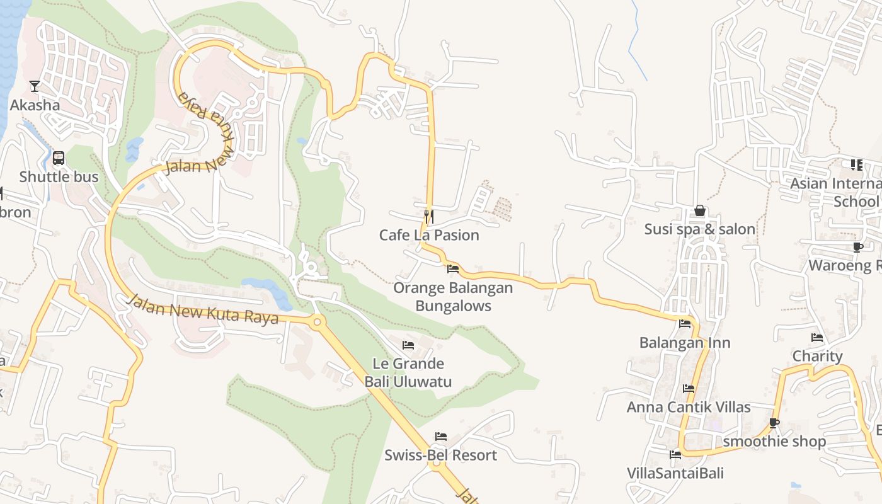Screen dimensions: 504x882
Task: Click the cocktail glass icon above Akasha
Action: (35, 86)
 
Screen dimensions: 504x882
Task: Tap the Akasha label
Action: (35, 105)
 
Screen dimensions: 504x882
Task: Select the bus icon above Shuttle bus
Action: (59, 158)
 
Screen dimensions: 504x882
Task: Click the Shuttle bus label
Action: (59, 177)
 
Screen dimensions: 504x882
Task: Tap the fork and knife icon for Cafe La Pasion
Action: (429, 217)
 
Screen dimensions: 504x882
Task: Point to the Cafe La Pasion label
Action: (429, 235)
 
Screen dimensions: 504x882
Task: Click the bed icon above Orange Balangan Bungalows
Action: (452, 269)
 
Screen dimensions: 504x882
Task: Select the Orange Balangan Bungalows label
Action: (453, 297)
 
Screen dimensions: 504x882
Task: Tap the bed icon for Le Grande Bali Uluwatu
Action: (408, 345)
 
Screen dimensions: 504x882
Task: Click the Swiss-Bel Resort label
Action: (441, 455)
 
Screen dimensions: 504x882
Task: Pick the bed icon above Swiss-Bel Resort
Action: (441, 437)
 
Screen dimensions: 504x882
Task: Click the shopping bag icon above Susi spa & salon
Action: (699, 210)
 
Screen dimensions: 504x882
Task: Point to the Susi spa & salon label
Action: (699, 229)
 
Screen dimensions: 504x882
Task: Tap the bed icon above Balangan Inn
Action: (685, 324)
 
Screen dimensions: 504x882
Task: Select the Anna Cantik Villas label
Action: (689, 407)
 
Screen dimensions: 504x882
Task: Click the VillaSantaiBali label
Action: (675, 473)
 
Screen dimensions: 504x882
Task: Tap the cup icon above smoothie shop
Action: (774, 423)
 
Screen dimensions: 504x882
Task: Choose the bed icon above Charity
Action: (817, 338)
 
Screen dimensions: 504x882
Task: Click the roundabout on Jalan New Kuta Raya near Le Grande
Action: (317, 322)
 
